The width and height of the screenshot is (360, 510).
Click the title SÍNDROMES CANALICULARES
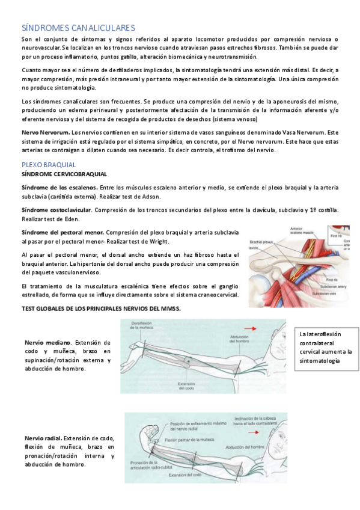pyautogui.click(x=78, y=28)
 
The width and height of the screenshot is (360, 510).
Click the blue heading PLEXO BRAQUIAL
pyautogui.click(x=49, y=164)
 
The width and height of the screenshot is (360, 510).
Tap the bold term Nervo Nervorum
pyautogui.click(x=45, y=132)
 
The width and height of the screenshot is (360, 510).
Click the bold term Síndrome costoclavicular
pyautogui.click(x=56, y=210)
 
